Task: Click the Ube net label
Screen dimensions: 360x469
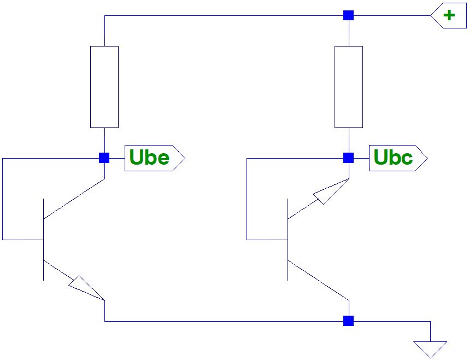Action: [155, 158]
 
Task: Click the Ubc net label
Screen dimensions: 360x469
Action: [398, 158]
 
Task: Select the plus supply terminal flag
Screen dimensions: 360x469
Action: [449, 15]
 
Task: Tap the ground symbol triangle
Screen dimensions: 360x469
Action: [431, 348]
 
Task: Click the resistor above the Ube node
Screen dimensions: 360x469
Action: [104, 87]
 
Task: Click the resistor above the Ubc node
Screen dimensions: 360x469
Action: [348, 87]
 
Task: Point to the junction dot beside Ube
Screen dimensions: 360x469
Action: [104, 158]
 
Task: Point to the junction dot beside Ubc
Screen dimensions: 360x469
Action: [348, 158]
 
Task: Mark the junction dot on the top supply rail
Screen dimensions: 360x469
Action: [348, 15]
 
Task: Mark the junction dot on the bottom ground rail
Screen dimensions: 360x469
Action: [348, 321]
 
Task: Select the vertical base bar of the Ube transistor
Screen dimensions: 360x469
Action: [43, 240]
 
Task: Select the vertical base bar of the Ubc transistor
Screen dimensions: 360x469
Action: [288, 240]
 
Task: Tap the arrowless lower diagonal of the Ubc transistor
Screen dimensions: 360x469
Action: [318, 280]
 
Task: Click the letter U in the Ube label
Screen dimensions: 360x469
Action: [137, 158]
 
